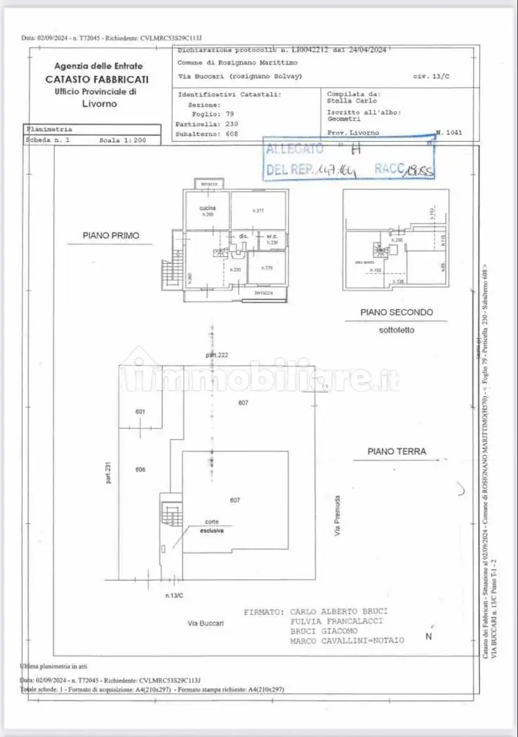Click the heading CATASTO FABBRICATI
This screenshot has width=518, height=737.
coord(97,79)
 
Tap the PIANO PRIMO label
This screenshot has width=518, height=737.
coord(111,236)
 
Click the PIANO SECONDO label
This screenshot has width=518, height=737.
coord(397,312)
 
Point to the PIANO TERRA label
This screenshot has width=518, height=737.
coord(397,451)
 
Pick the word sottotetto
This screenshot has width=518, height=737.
coord(397,329)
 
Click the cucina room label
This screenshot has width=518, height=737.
coord(206,208)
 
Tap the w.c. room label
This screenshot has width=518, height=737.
coord(272,236)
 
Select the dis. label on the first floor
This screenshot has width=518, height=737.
coord(244,236)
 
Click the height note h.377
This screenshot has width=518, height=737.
coord(258,211)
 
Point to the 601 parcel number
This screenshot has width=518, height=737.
coord(140,411)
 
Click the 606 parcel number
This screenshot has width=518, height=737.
coord(140,470)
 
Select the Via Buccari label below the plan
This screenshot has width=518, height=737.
coord(205,623)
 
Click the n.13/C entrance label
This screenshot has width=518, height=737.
coord(174,595)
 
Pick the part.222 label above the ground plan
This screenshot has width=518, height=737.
coord(217,355)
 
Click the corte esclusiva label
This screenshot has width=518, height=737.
coord(211,526)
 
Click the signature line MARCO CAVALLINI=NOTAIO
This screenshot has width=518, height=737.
coord(347,641)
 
